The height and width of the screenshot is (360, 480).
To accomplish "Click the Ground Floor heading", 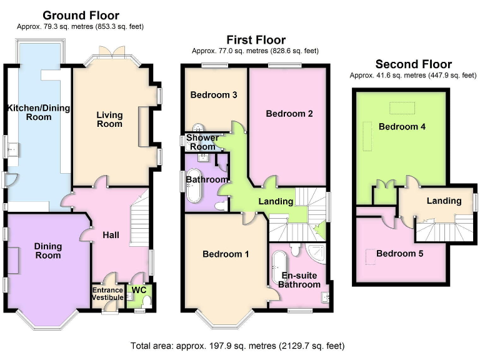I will click(x=81, y=16).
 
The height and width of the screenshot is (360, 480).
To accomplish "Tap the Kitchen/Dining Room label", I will click(x=38, y=112).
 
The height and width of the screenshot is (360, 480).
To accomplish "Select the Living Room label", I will click(x=109, y=119).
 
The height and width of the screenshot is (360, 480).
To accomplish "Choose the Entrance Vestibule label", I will click(x=108, y=294).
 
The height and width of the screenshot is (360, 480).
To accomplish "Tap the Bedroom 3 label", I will click(x=214, y=96).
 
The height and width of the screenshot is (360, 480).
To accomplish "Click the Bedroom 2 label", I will click(x=289, y=114).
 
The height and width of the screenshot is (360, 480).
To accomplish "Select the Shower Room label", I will click(x=204, y=142).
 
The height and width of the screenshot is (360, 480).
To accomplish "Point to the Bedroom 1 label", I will click(x=226, y=254).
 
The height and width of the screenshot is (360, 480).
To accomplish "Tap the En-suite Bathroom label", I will click(x=299, y=280).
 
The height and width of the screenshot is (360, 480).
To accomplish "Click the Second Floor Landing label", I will click(x=444, y=201).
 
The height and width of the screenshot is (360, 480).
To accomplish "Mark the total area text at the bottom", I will click(x=237, y=346).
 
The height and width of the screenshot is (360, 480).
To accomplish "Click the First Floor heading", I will click(x=256, y=41).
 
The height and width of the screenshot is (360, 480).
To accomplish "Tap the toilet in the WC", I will click(x=147, y=301).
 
